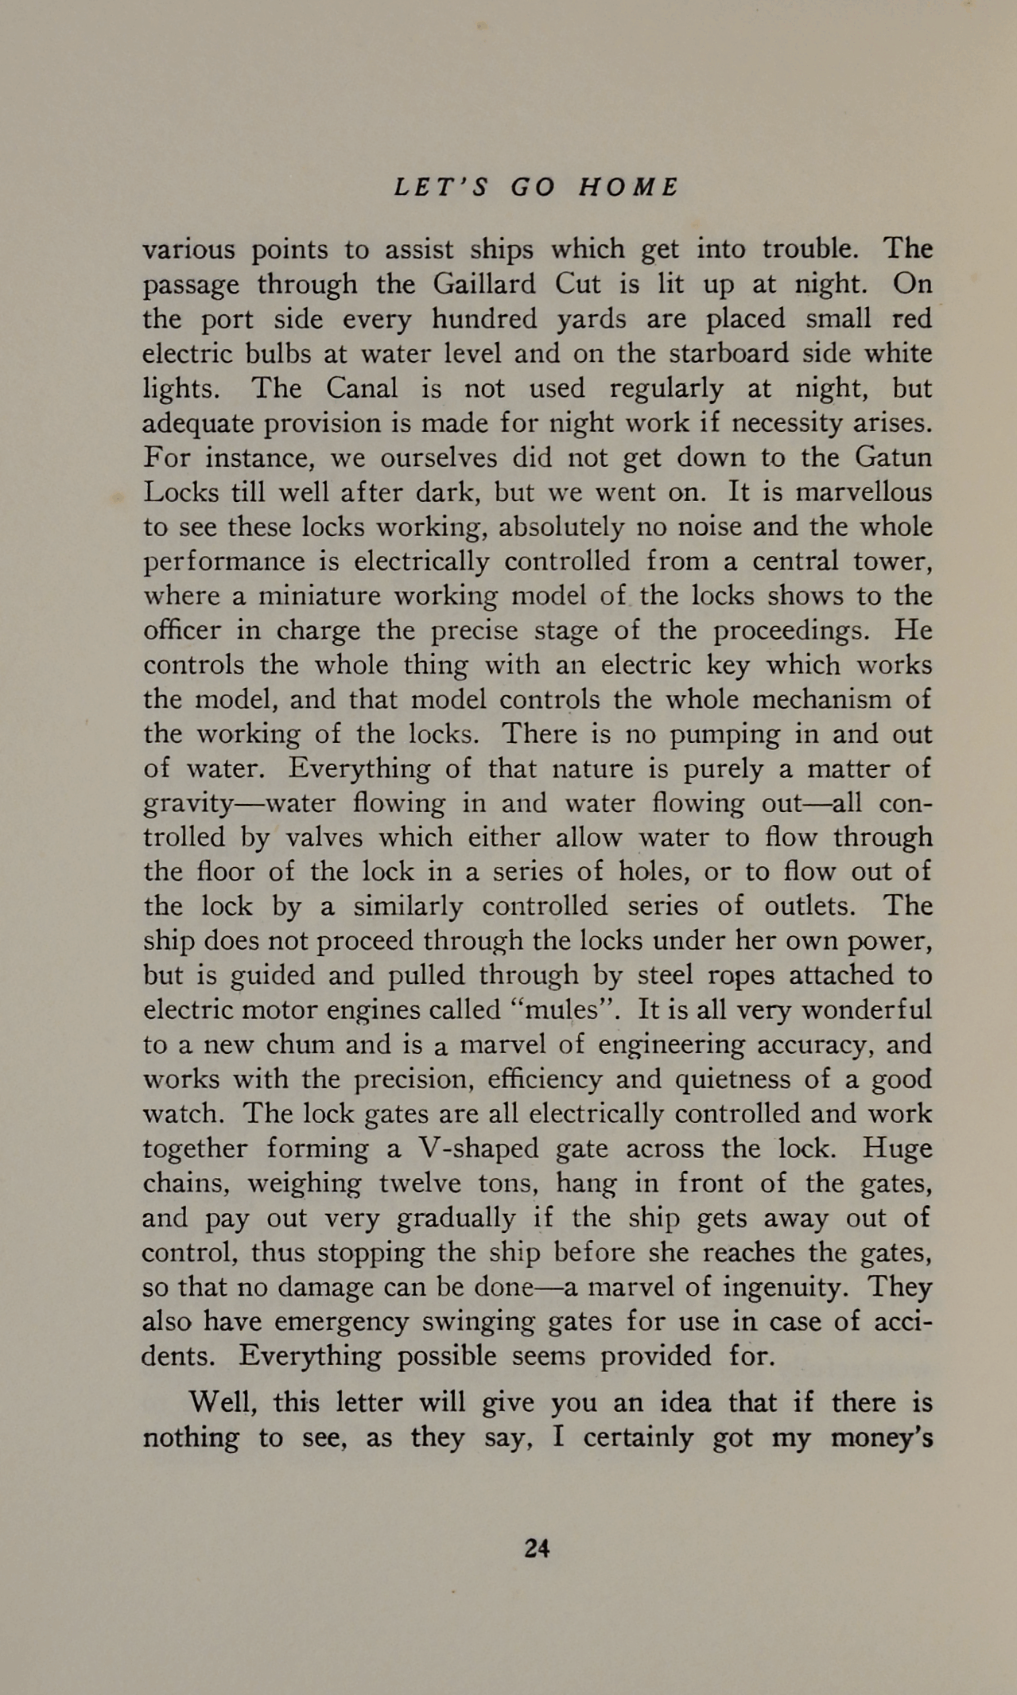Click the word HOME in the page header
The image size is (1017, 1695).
629,187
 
